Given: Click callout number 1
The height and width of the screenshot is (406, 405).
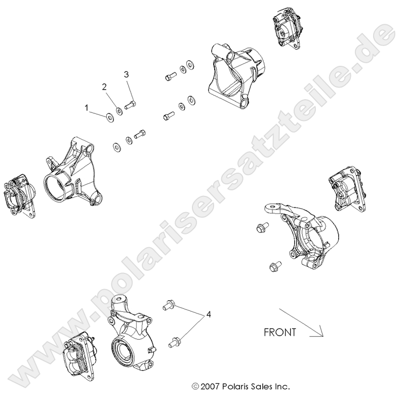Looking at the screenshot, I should point(87,107).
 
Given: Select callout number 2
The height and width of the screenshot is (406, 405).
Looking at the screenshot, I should point(105,87).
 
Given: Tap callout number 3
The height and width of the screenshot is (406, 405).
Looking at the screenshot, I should point(127,74).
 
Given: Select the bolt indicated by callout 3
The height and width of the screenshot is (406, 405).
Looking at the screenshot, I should point(130,105).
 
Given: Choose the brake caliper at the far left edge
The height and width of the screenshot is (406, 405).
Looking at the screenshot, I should point(19,195).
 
